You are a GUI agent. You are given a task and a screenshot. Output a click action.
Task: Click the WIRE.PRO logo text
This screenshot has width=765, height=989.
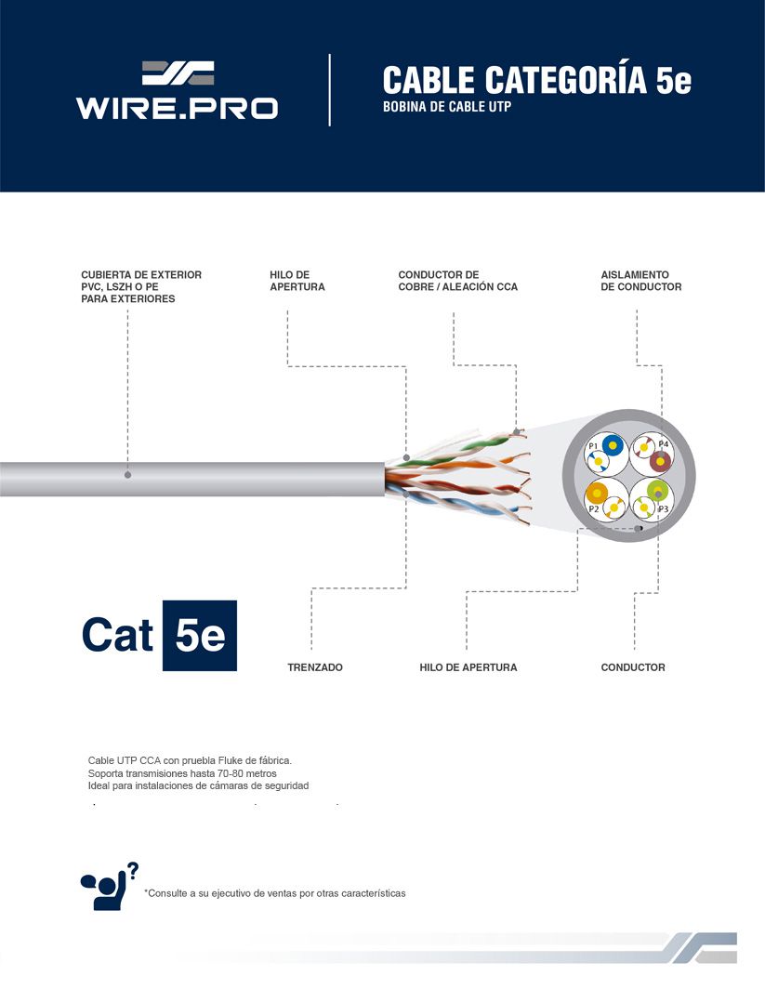pyautogui.click(x=177, y=108)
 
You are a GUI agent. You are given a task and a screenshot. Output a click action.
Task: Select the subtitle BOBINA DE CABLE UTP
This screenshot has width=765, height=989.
pyautogui.click(x=446, y=107)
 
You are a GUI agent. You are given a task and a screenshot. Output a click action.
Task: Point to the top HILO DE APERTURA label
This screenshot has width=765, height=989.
pyautogui.click(x=297, y=281)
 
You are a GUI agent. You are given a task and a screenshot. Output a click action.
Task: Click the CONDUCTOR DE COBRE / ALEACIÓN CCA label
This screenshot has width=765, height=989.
pyautogui.click(x=458, y=281)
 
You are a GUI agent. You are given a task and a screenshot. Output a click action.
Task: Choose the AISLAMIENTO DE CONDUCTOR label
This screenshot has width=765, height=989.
pyautogui.click(x=640, y=281)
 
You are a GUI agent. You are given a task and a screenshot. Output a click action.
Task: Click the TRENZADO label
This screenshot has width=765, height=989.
pyautogui.click(x=315, y=667)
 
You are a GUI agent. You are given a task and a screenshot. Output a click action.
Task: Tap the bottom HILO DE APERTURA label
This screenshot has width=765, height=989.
pyautogui.click(x=468, y=667)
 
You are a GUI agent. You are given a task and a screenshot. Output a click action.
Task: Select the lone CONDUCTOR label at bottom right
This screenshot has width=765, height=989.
pyautogui.click(x=633, y=667)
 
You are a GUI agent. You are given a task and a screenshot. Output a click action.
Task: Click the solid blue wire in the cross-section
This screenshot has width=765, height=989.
pyautogui.click(x=613, y=445)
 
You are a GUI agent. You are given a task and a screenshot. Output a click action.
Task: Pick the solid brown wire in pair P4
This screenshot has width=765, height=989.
pyautogui.click(x=660, y=462)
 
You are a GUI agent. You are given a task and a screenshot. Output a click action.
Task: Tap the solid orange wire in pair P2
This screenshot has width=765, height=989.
pyautogui.click(x=597, y=492)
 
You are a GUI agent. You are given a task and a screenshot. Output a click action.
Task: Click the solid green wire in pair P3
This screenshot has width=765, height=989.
pyautogui.click(x=657, y=490)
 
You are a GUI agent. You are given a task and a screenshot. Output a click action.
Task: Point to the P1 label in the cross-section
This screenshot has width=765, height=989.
pyautogui.click(x=593, y=446)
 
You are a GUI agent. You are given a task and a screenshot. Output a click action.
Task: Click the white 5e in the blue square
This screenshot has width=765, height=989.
pyautogui.click(x=200, y=635)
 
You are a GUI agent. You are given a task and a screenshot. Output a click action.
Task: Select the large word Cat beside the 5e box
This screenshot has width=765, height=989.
pyautogui.click(x=117, y=634)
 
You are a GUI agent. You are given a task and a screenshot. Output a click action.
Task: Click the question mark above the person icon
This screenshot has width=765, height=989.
pyautogui.click(x=132, y=870)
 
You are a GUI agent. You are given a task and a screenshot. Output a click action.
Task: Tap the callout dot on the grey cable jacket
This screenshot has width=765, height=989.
pyautogui.click(x=127, y=474)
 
